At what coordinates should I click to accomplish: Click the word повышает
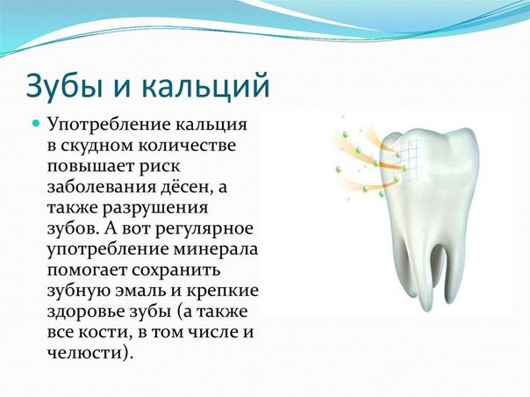(88, 167)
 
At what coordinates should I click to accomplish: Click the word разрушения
(155, 208)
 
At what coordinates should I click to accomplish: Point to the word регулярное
(204, 229)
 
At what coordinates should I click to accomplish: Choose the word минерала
(216, 249)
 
